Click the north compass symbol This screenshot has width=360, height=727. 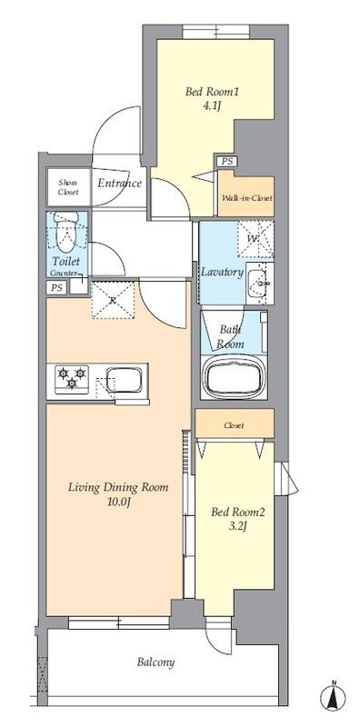[333, 696]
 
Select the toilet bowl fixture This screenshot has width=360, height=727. [66, 232]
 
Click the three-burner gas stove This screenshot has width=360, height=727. [72, 380]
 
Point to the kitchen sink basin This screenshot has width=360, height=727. [124, 380]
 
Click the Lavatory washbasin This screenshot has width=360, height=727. [260, 283]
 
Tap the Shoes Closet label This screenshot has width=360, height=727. [68, 187]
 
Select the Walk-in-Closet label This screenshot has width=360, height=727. [246, 198]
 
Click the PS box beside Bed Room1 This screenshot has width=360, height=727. [227, 162]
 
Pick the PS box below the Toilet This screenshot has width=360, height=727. [56, 288]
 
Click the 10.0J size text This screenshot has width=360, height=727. [118, 503]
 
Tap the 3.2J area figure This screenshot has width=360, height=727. [237, 527]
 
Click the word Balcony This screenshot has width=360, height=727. [155, 662]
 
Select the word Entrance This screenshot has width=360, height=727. [119, 184]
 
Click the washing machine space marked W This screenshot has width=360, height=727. [255, 239]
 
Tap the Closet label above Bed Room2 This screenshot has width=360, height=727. [234, 425]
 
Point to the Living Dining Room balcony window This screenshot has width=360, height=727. [119, 622]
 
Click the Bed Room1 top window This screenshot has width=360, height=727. [215, 32]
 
